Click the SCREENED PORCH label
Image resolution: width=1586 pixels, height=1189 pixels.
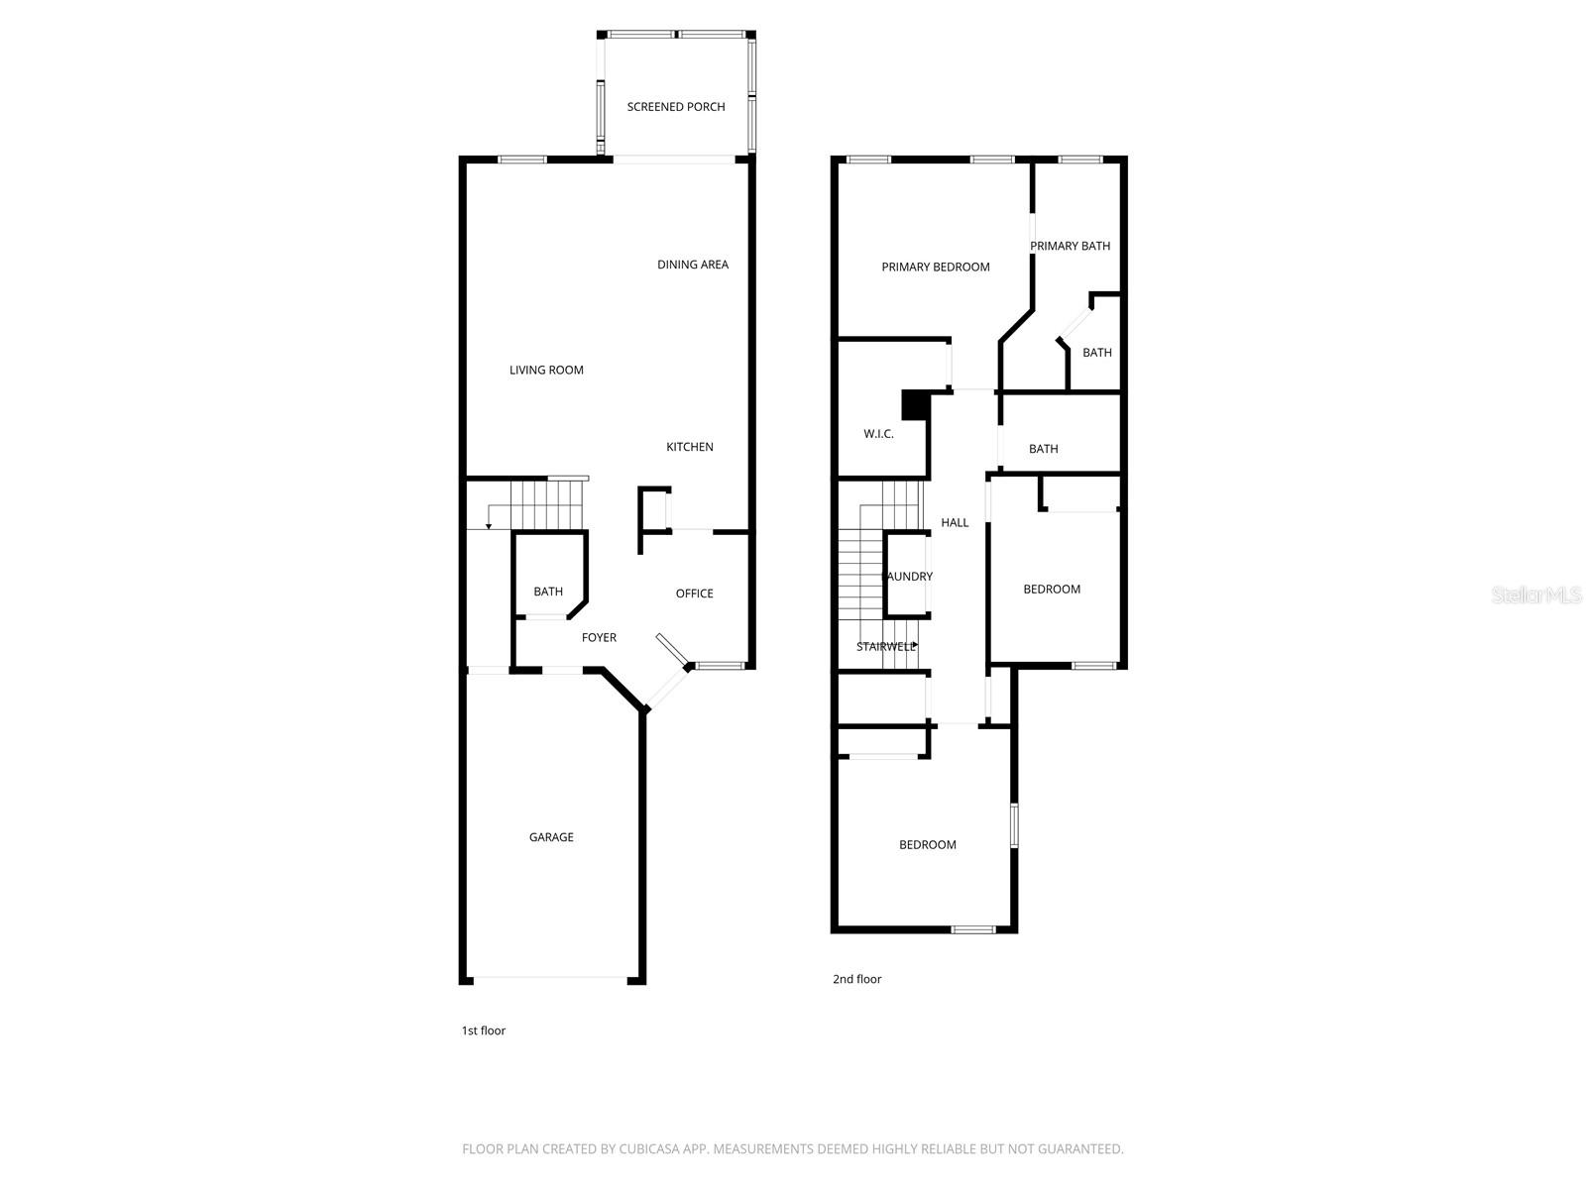pos(676,107)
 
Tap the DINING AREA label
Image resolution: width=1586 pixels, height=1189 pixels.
pos(693,265)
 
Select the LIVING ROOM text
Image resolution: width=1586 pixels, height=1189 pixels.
pos(546,371)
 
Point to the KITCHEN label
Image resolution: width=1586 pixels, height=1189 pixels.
pos(689,447)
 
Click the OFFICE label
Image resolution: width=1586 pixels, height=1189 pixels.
pos(694,594)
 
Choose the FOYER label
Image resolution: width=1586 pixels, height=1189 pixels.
pos(599,638)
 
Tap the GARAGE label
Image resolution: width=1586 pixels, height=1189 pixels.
pos(551,837)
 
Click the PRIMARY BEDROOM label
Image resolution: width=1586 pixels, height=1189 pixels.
pos(936,267)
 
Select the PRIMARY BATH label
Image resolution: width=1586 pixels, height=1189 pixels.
pos(1070,246)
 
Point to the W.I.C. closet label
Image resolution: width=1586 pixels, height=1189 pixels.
pos(878,434)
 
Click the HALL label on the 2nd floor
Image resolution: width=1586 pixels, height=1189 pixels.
pos(955,523)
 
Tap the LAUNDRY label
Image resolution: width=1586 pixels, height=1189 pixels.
pos(908,577)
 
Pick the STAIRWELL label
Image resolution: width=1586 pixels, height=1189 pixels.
pos(886,647)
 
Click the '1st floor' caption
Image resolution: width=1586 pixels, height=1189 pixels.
pos(484,1030)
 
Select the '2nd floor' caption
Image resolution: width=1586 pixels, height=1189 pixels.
pos(856,979)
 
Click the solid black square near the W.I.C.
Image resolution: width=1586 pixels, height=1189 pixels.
pos(913,404)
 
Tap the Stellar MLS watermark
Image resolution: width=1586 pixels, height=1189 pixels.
pos(1537,594)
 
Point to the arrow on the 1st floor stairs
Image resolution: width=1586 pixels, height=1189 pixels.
pos(489,523)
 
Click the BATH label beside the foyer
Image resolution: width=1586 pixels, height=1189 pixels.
pos(548,592)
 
